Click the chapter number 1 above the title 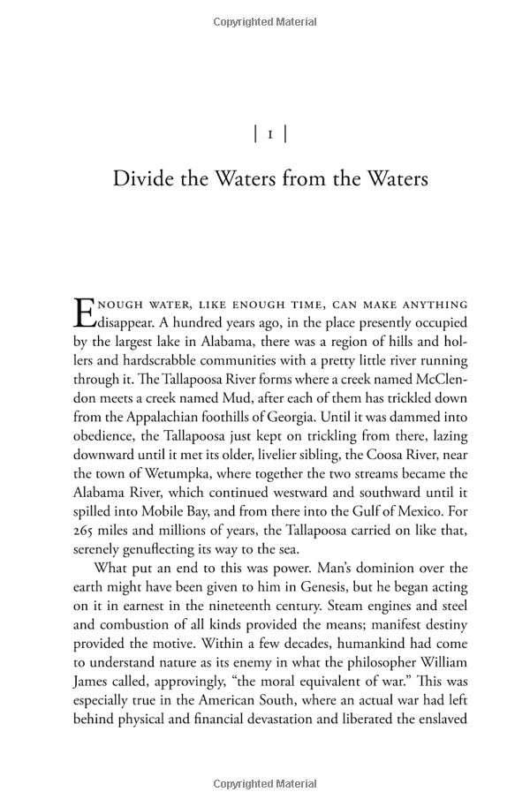pos(269,134)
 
